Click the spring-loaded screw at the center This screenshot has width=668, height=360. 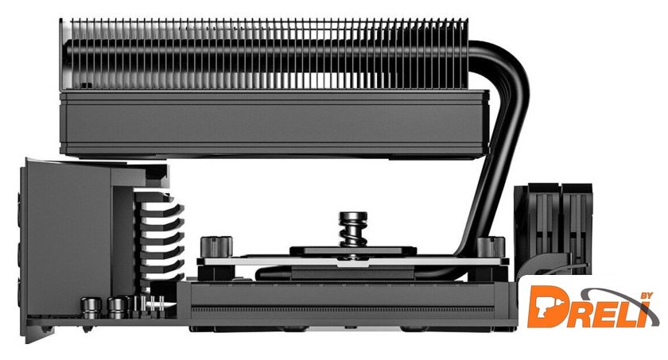point(353,233)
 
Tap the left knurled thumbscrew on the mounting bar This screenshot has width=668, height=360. point(216,247)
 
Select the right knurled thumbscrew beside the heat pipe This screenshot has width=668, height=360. point(491,247)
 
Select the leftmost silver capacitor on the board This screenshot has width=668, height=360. point(91,308)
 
